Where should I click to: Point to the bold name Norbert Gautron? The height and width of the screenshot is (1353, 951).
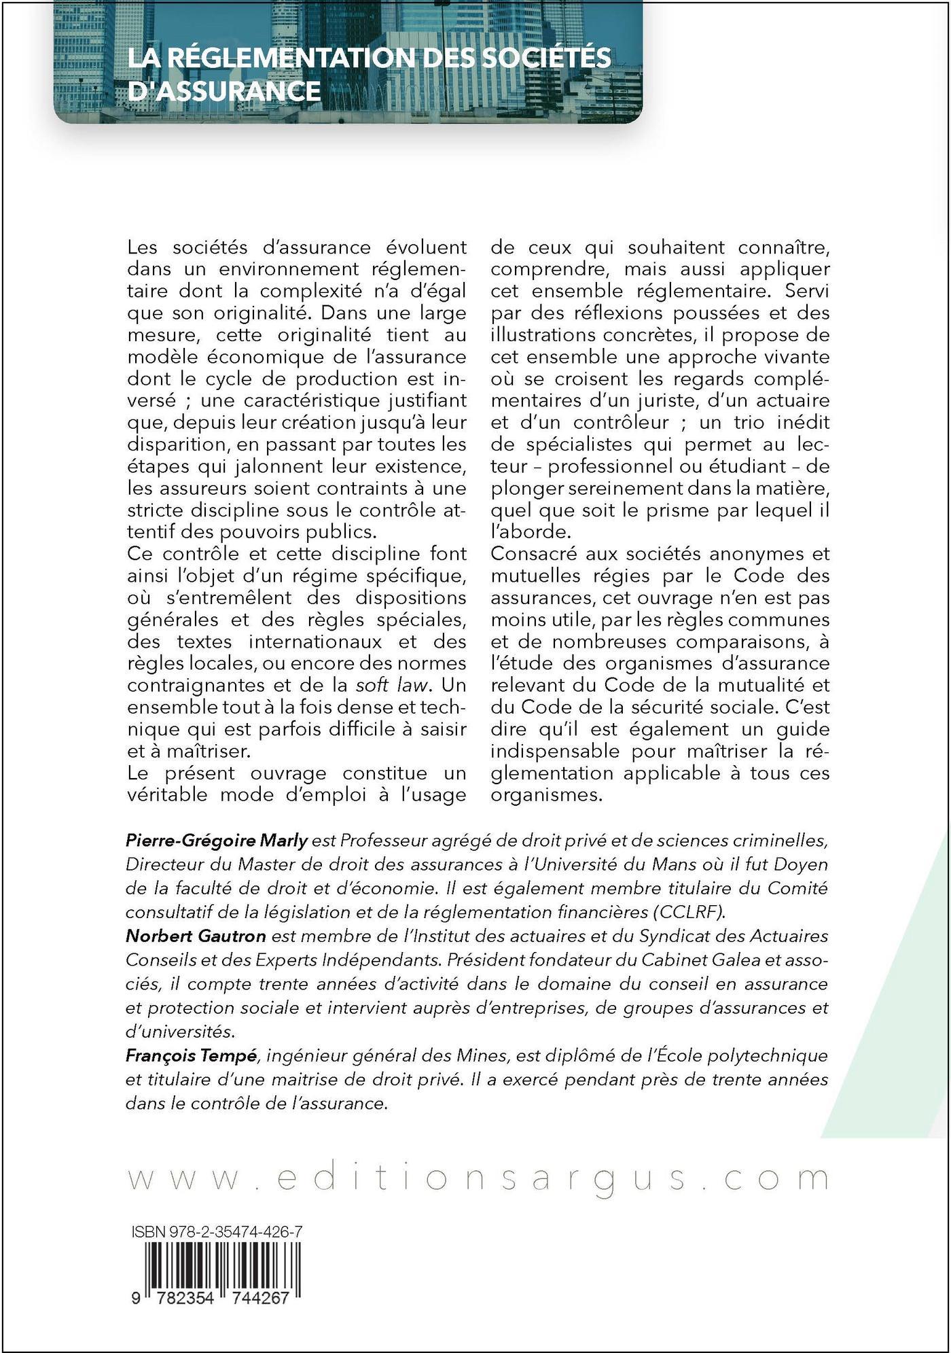click(196, 936)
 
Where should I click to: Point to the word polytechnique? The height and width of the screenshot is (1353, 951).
click(776, 1055)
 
